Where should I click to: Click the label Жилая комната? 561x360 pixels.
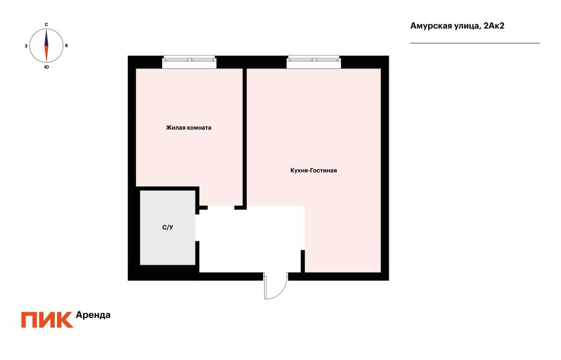[x=188, y=128]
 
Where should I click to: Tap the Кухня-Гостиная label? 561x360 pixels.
[x=314, y=170]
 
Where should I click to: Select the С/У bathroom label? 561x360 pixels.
[x=167, y=227]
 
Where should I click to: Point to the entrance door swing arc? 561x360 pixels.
[x=282, y=293]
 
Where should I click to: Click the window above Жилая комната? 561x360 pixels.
[x=189, y=62]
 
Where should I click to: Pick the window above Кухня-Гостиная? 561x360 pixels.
[x=314, y=62]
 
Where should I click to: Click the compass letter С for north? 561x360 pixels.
[x=46, y=25]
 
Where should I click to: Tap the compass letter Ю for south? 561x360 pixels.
[x=47, y=67]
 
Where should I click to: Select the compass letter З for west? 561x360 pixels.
[x=26, y=46]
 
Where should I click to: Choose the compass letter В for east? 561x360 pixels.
[x=66, y=46]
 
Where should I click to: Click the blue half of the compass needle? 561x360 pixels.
[x=46, y=37]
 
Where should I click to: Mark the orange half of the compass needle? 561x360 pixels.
[x=46, y=53]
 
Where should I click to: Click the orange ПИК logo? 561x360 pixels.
[x=47, y=320]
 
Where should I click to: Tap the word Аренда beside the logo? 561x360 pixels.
[x=93, y=315]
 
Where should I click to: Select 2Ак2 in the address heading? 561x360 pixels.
[x=494, y=26]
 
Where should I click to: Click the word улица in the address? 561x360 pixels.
[x=467, y=27]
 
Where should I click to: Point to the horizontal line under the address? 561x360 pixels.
[x=475, y=43]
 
